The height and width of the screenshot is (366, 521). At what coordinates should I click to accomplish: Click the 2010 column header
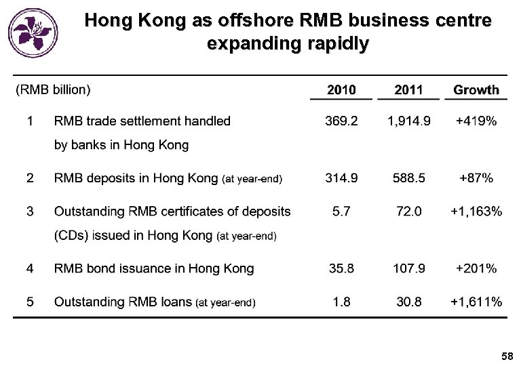pos(341,89)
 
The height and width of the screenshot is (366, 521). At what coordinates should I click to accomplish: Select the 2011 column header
pos(408,89)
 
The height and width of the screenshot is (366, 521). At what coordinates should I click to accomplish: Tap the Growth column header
pos(476,89)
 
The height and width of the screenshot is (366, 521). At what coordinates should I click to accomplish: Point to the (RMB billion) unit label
pos(53,89)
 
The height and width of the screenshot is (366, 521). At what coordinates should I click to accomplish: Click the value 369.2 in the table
pos(341,121)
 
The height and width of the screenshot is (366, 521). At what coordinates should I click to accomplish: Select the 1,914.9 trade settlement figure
pos(408,121)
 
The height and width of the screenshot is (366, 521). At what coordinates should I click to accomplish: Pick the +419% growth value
pos(476,121)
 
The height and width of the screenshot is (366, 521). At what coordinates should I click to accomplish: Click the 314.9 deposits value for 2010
pos(341,178)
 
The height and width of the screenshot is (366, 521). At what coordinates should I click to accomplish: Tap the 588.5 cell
pos(408,178)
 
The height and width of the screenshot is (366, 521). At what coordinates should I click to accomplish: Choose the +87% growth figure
pos(476,178)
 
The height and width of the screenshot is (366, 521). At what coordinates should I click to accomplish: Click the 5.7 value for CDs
pos(341,211)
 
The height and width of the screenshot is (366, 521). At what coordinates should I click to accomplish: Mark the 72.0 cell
pos(408,211)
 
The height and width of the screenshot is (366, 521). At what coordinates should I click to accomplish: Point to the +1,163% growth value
pos(476,211)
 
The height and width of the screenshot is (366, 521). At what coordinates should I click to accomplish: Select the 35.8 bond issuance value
pos(341,268)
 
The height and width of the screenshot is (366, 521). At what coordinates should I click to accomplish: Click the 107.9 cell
pos(408,268)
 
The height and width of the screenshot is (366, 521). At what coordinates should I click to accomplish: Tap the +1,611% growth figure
pos(476,302)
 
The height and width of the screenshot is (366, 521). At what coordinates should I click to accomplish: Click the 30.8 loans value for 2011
pos(408,302)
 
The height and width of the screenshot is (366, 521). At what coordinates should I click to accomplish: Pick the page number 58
pos(507,356)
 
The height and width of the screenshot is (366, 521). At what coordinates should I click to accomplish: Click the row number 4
pos(30,268)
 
